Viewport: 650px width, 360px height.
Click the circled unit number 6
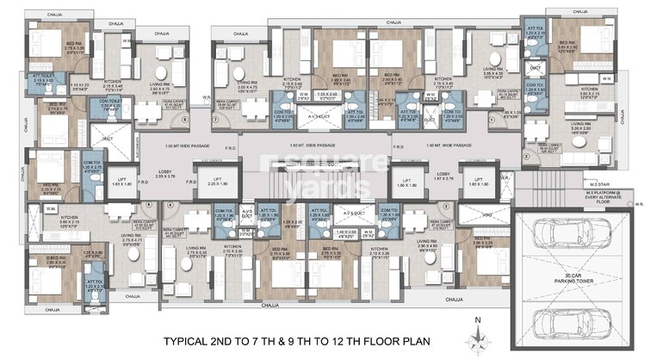click(149, 203)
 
